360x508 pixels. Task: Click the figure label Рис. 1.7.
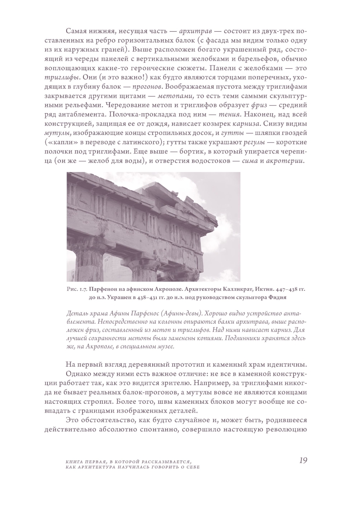tap(77, 290)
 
